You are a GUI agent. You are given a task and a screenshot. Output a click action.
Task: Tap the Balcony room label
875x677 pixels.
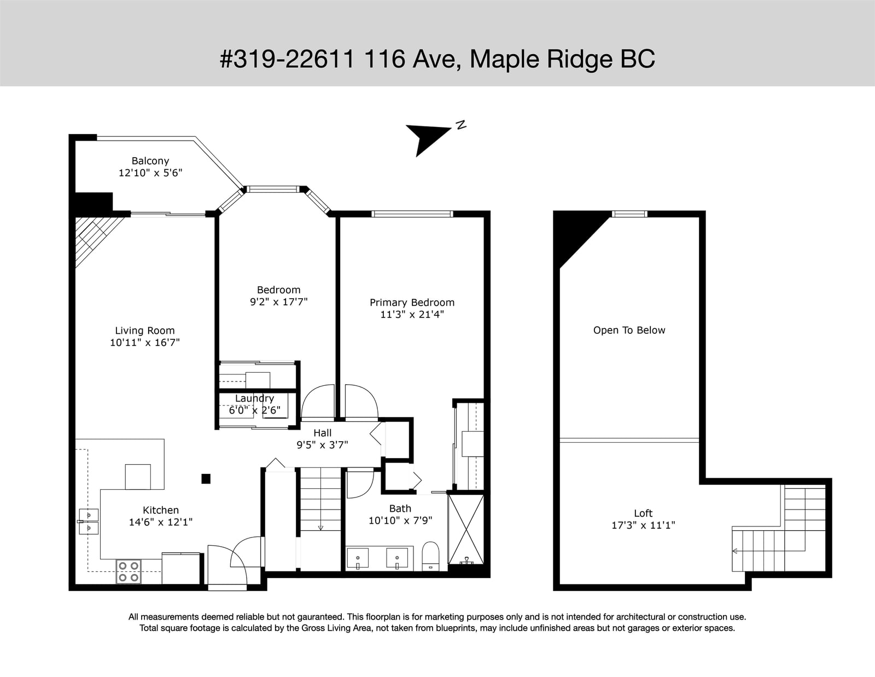150,161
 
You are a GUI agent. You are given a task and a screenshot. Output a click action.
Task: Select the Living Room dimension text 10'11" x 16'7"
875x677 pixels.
145,343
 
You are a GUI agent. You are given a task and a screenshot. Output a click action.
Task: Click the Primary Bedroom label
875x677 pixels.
412,303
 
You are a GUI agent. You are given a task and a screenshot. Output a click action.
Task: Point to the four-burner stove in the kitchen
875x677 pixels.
129,571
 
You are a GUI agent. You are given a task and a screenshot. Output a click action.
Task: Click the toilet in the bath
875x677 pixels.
431,556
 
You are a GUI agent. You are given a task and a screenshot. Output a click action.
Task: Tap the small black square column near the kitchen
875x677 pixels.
206,479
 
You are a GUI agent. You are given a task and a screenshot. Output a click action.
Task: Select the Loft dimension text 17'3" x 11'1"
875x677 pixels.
643,525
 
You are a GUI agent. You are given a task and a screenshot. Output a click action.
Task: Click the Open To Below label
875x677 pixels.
629,330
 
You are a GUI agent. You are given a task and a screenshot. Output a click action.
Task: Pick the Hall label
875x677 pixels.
323,433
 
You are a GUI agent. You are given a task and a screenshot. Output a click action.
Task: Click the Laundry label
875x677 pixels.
254,398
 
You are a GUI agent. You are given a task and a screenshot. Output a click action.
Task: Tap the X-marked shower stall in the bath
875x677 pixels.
466,529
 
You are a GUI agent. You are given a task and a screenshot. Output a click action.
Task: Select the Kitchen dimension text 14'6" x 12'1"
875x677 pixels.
161,522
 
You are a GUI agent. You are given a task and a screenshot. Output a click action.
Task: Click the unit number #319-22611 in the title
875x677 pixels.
287,59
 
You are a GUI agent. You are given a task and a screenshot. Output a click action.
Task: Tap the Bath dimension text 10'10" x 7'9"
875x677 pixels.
400,520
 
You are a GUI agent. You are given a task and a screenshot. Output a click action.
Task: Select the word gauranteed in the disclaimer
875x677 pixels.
320,617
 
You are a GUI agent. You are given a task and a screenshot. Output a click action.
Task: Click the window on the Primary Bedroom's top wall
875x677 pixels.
412,213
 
